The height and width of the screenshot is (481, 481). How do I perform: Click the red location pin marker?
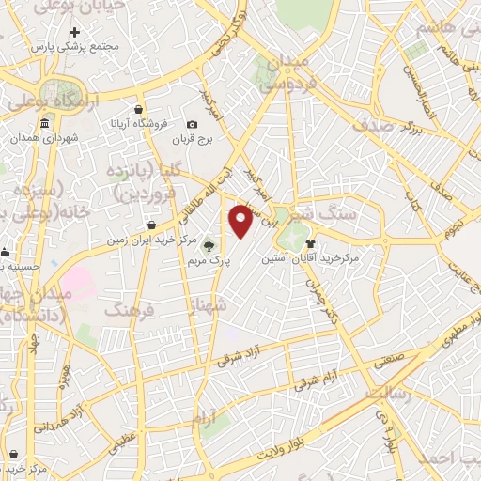pos(241,221)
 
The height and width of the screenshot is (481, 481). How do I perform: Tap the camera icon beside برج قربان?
pos(193,125)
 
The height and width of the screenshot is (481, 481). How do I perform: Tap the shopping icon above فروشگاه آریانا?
pos(139,109)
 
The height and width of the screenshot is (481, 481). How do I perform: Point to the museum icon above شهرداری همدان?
pos(45,125)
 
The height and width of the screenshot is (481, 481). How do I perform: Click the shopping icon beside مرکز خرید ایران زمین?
pos(152,225)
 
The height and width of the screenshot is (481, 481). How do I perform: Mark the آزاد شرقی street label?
pos(242,356)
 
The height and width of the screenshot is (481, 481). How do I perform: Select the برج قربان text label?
pos(193,140)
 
